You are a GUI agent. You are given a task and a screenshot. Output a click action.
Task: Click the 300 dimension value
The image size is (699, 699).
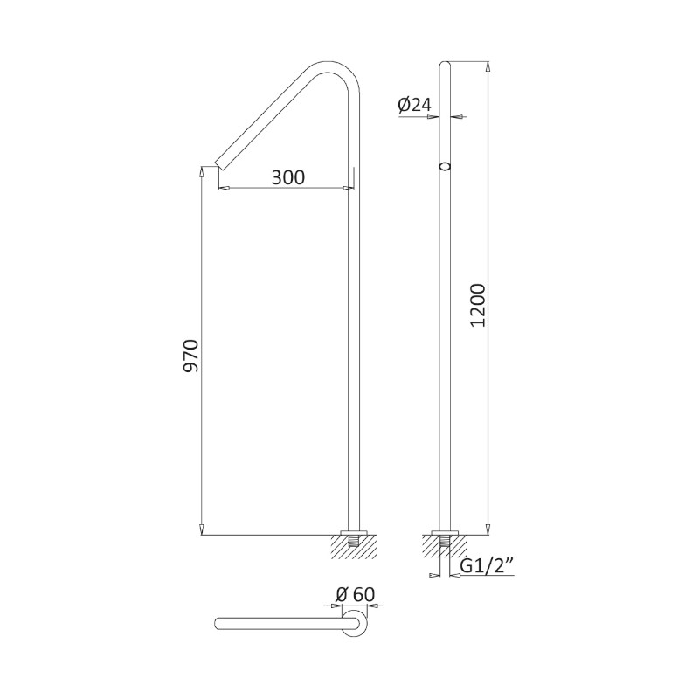(288, 177)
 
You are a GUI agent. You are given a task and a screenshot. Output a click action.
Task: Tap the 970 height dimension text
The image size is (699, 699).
(191, 356)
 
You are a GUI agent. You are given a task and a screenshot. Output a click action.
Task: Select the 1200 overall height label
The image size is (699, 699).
(477, 305)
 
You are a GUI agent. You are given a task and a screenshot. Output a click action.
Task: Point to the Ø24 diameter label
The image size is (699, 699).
(414, 105)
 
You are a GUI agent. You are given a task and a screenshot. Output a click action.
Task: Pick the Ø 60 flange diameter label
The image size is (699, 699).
(356, 594)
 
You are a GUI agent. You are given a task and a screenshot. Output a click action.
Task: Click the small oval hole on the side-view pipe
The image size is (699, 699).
(445, 166)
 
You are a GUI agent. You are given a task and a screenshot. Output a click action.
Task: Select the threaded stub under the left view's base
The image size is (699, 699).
(354, 541)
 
